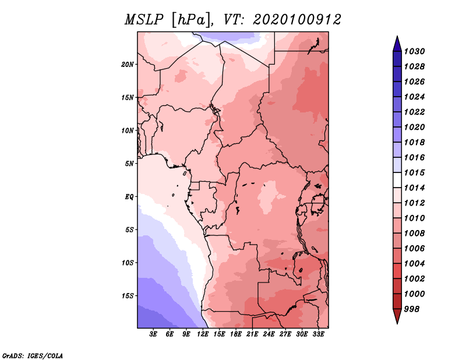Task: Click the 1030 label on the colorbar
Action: tap(414, 51)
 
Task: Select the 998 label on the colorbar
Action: tap(412, 309)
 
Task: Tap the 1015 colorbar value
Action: tap(414, 172)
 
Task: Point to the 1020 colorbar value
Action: tap(414, 127)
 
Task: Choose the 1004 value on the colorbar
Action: tap(414, 264)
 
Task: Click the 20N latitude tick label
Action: tap(128, 65)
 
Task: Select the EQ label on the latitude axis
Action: tap(129, 197)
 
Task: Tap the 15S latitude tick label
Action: tap(128, 296)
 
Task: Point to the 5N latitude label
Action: tap(129, 164)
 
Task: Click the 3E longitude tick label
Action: tap(153, 334)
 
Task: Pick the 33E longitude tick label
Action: tap(319, 334)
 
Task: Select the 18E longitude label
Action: tap(236, 334)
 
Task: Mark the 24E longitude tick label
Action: tap(269, 334)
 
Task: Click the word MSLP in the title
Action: tap(144, 20)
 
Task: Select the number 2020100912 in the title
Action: tap(297, 20)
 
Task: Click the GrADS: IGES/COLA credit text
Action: tap(33, 356)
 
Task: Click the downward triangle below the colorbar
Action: tap(397, 315)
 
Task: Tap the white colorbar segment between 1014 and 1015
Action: tap(397, 180)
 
